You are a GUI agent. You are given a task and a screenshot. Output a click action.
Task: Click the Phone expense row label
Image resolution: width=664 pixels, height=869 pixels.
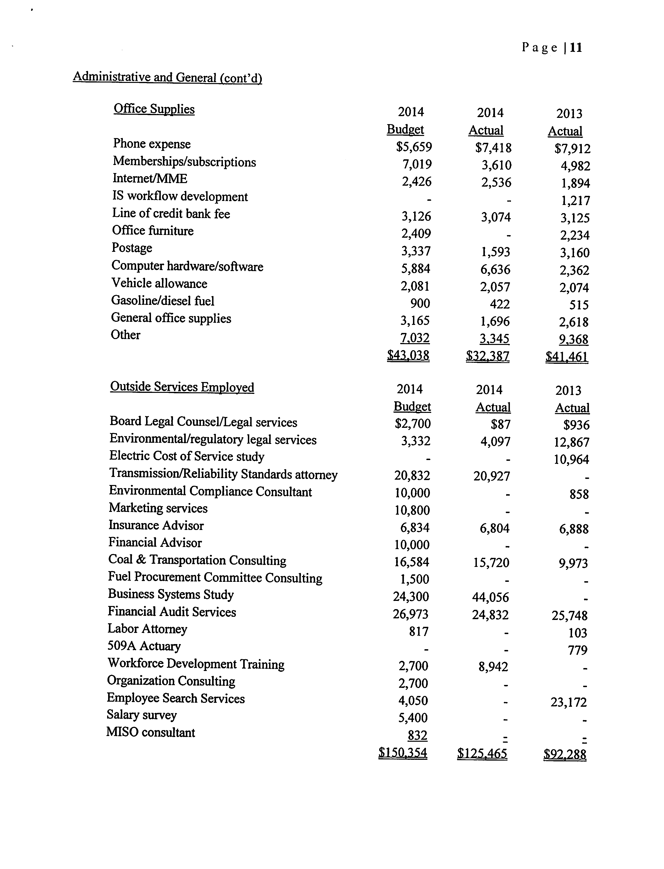[152, 144]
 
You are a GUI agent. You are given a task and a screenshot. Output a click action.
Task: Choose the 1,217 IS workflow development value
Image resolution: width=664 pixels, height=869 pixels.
[576, 201]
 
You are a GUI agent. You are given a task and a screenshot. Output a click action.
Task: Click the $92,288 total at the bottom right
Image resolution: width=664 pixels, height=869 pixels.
[565, 754]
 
